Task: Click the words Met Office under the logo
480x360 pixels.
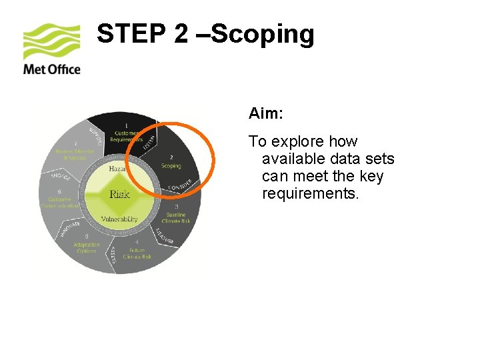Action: pyautogui.click(x=51, y=69)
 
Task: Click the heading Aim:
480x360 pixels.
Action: pyautogui.click(x=266, y=114)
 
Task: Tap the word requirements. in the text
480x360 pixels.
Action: pyautogui.click(x=310, y=194)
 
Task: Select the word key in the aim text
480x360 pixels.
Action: pyautogui.click(x=371, y=177)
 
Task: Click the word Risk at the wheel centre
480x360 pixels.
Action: pyautogui.click(x=119, y=195)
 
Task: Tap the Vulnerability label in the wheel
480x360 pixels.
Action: pyautogui.click(x=119, y=219)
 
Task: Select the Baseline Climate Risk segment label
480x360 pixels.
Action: pyautogui.click(x=176, y=218)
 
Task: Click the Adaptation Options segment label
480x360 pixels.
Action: pyautogui.click(x=86, y=247)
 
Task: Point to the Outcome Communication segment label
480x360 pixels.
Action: pyautogui.click(x=60, y=202)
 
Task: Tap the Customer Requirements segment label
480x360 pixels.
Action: pyautogui.click(x=127, y=136)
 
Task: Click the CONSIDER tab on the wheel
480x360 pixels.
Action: pyautogui.click(x=180, y=183)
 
